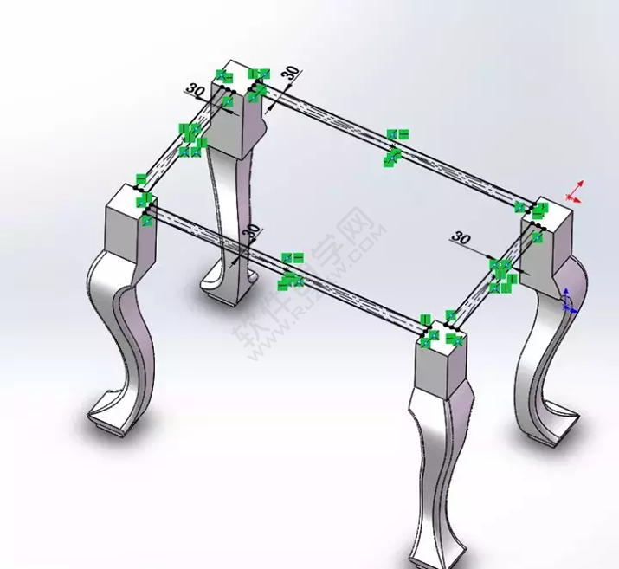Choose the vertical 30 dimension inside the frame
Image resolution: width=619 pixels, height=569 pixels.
coord(251,232)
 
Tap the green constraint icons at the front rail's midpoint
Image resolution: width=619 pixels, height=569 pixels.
coord(291,269)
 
